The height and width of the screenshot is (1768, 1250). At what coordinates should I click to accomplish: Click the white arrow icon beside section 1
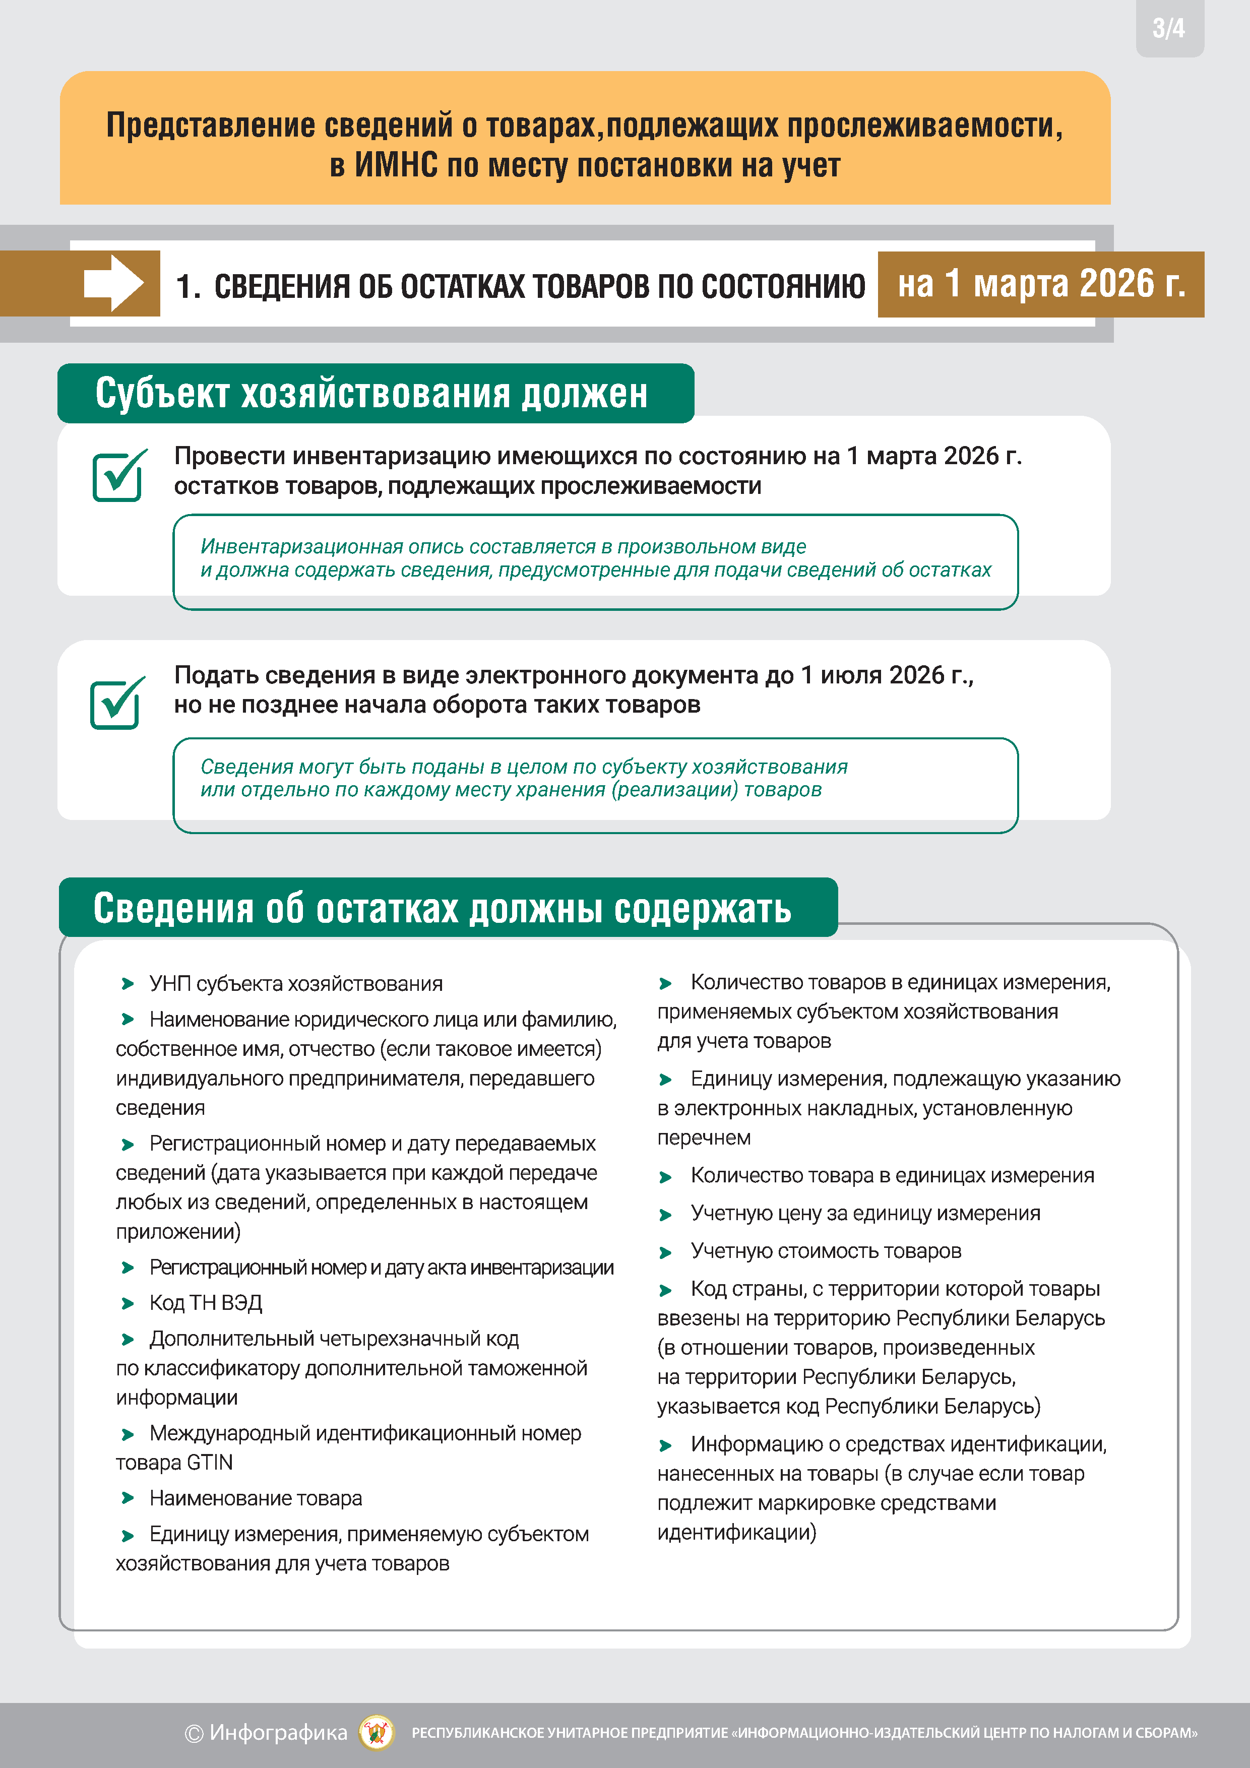(113, 283)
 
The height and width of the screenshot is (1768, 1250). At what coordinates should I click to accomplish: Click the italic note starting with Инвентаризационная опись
(595, 558)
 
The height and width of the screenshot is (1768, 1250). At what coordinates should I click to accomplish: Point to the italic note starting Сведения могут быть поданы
(524, 778)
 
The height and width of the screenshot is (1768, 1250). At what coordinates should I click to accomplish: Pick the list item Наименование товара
(255, 1498)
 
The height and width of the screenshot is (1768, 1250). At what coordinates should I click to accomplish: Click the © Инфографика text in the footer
(266, 1733)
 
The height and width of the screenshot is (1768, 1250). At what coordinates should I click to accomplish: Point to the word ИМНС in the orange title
(395, 165)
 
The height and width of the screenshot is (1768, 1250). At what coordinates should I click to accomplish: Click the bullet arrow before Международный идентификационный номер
(128, 1434)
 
